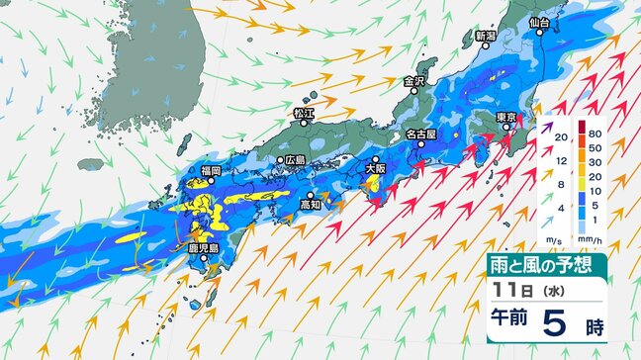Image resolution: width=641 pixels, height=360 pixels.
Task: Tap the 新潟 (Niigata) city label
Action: click(485, 36)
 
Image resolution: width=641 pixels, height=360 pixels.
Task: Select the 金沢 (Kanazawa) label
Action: click(412, 81)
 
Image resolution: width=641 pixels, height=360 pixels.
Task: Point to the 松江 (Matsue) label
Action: click(303, 114)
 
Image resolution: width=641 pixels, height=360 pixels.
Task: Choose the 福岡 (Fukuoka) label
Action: click(210, 170)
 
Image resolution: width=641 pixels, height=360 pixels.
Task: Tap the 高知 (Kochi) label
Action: click(311, 206)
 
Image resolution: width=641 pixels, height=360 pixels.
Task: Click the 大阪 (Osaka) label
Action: click(375, 169)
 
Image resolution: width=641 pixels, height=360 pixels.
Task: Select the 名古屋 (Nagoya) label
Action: click(423, 132)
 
